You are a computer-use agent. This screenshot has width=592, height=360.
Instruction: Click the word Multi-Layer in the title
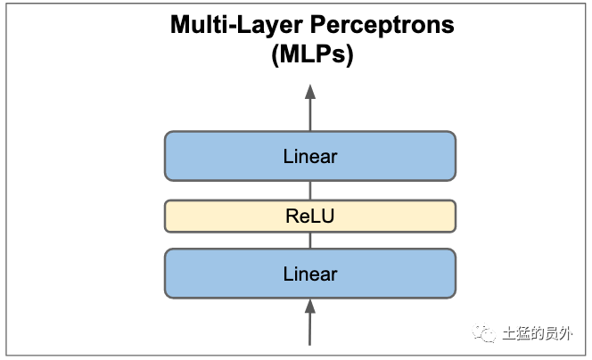pos(236,26)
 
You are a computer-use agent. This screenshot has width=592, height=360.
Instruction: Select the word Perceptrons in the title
pos(382,26)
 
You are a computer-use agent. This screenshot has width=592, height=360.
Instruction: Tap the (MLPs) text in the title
pos(312,54)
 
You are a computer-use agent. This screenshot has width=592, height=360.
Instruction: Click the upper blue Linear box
pos(310,156)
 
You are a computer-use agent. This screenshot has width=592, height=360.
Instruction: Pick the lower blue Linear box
pos(310,274)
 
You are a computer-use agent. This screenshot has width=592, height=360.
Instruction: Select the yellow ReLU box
pos(310,216)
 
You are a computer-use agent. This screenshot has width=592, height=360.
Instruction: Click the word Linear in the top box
pos(310,156)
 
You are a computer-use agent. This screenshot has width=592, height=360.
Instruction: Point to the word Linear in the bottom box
pos(310,274)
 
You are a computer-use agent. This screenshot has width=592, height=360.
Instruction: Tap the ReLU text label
pos(310,217)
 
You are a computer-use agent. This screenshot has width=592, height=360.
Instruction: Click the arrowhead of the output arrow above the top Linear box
pos(310,92)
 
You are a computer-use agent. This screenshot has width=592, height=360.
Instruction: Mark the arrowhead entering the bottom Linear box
pos(310,306)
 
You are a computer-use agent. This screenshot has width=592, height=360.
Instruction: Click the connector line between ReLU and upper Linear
pos(310,190)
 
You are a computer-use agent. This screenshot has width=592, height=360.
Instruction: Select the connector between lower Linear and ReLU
pos(310,241)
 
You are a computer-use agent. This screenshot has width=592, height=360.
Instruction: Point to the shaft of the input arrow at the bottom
pos(310,329)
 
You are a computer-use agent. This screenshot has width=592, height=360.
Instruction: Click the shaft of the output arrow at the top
pos(310,115)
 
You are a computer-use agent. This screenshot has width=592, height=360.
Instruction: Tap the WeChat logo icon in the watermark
pos(483,333)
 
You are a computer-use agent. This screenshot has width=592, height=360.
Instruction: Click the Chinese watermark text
pos(538,333)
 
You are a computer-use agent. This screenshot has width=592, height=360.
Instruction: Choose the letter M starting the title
pos(180,25)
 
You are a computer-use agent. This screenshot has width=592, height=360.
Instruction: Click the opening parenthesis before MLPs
pos(275,55)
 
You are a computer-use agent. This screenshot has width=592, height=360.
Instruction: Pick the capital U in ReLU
pos(327,217)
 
